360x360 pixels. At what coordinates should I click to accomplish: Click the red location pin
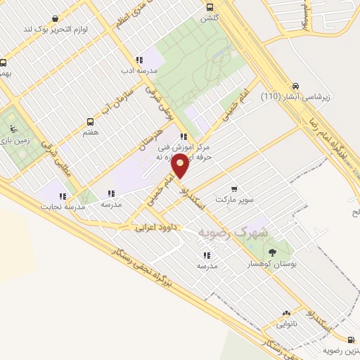(x=181, y=166)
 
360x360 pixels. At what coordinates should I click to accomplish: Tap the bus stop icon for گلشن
(x=210, y=7)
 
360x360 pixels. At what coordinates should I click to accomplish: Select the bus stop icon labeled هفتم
(x=89, y=122)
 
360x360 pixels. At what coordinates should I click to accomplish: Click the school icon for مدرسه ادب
(x=139, y=60)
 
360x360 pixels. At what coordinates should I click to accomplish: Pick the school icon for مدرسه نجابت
(x=63, y=196)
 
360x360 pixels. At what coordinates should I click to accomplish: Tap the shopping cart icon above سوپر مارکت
(x=233, y=188)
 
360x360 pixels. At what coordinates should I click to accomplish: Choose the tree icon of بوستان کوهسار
(x=272, y=251)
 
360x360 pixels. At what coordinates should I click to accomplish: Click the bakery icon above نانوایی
(x=286, y=314)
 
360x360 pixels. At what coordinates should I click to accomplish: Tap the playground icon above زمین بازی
(x=13, y=129)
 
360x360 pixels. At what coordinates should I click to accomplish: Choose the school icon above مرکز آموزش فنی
(x=183, y=137)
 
